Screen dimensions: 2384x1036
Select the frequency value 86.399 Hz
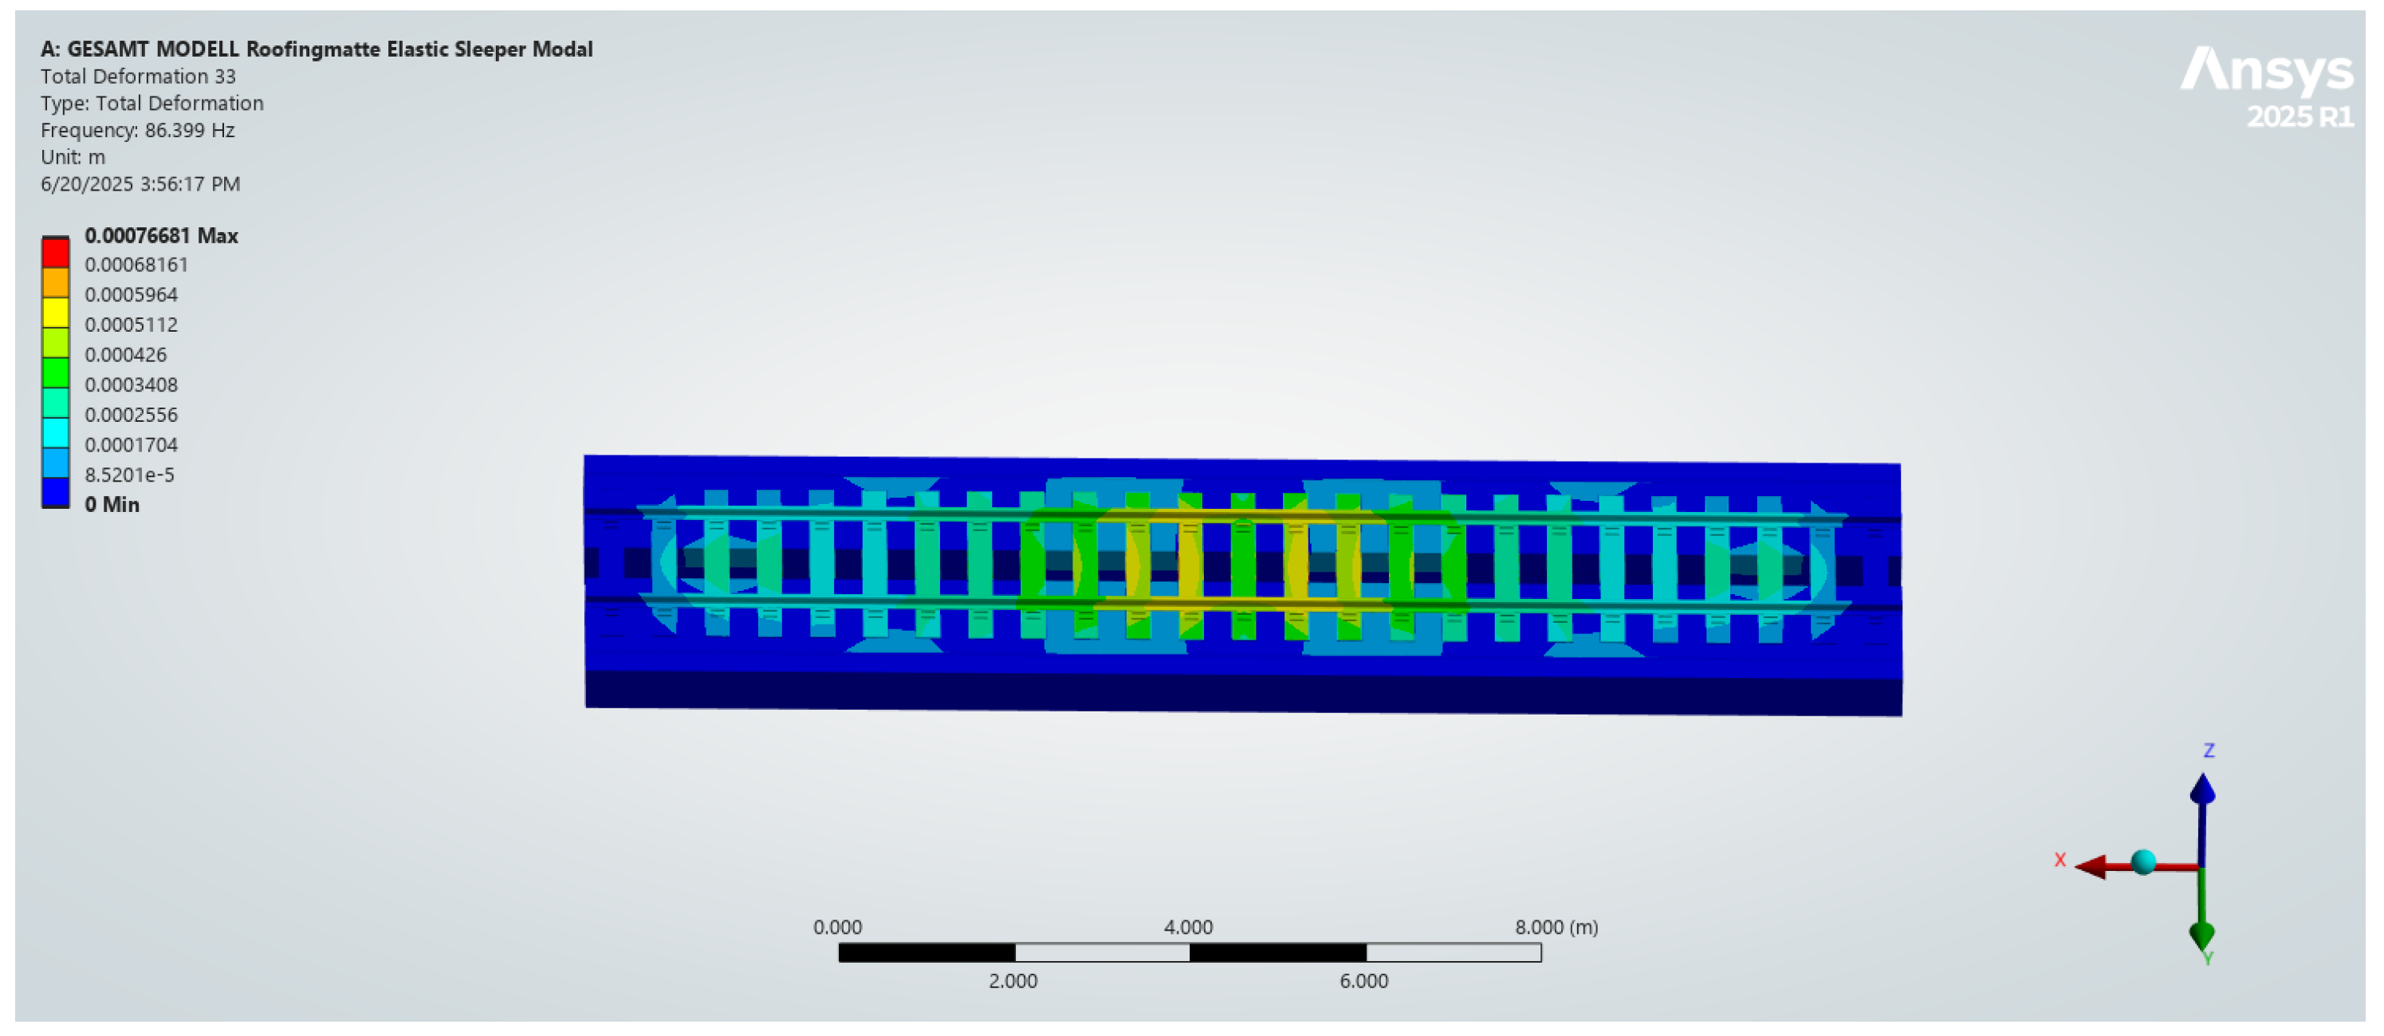190,130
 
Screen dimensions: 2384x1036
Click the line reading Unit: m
73,156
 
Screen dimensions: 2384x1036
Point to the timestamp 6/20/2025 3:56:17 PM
140,183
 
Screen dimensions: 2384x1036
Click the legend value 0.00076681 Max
162,235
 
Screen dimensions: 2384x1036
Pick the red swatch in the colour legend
56,253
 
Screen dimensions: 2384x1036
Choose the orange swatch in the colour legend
56,282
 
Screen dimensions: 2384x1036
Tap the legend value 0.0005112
132,324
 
